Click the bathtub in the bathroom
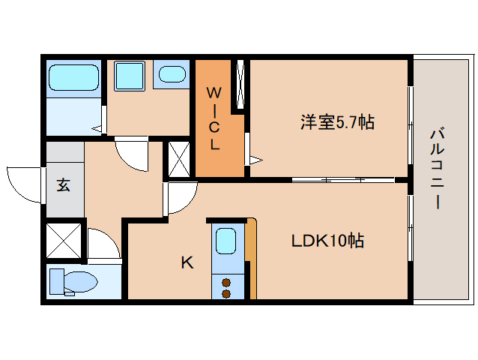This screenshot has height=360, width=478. click(x=73, y=78)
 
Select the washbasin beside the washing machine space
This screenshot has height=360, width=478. click(x=174, y=75)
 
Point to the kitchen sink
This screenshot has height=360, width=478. click(x=226, y=242)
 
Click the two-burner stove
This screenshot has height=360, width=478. click(x=226, y=287)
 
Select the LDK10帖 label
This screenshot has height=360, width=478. click(x=327, y=241)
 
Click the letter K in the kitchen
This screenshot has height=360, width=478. click(x=187, y=262)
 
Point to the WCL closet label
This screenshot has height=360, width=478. click(x=214, y=118)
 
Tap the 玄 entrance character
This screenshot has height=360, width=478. click(x=64, y=184)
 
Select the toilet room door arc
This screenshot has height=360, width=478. click(x=103, y=243)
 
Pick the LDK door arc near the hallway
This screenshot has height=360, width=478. click(x=180, y=199)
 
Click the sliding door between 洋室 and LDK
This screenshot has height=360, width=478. click(x=342, y=179)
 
